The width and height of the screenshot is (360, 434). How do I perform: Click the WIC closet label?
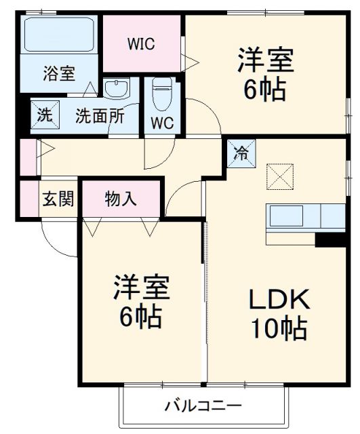pos(142,44)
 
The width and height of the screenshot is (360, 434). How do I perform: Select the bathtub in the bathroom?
pos(58,34)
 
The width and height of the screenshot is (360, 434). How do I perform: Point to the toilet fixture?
pos(162,94)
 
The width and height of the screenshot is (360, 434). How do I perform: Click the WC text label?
pos(162,124)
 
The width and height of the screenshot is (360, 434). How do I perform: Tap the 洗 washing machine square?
pos(43,115)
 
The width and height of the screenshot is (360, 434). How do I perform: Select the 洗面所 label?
pos(100,116)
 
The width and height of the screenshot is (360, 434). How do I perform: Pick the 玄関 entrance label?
pos(59,200)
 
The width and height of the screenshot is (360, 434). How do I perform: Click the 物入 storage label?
pos(121,199)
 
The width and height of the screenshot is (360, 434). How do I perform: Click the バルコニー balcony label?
pos(203,407)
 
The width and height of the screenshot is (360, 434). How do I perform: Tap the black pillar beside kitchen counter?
pos(330,239)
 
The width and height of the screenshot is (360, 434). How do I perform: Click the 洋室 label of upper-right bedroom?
pos(265,61)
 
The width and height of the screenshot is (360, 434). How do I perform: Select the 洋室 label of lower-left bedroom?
pos(141,288)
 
